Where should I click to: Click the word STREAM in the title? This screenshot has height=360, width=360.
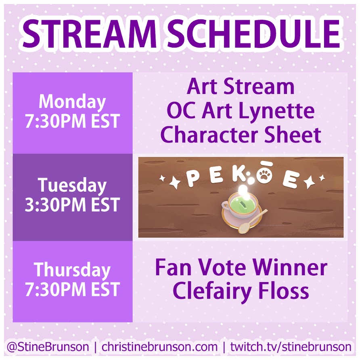90,34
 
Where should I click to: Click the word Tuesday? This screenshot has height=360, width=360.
72,186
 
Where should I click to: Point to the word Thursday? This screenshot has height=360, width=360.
72,270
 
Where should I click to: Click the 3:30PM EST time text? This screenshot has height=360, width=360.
72,205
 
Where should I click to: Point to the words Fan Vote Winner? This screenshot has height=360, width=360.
241,267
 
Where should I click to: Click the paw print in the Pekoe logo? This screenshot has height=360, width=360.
265,177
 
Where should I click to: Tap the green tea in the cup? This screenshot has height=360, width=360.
241,204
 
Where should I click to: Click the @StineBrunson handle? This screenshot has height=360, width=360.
48,347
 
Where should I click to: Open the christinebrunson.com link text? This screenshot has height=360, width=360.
159,347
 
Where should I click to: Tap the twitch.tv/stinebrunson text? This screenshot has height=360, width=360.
291,347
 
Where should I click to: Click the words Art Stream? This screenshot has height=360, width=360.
241,87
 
